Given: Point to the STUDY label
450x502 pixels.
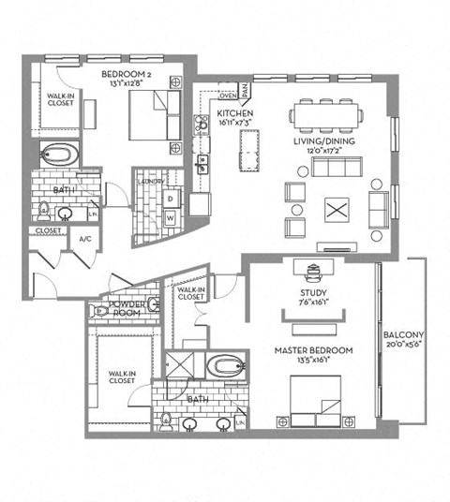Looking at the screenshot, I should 312,291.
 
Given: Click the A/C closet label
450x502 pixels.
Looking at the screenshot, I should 83,239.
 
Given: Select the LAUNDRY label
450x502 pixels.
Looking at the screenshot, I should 151,182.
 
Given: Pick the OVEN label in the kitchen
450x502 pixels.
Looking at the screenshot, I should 226,95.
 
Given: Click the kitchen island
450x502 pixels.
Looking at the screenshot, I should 249,151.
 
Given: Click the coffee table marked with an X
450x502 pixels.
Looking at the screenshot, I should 336,210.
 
